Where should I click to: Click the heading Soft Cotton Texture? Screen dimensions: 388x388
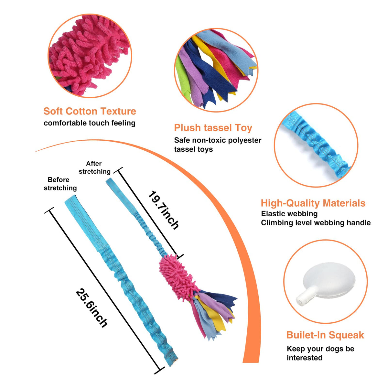(x=90, y=111)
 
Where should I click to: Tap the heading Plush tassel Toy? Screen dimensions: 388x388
(x=213, y=128)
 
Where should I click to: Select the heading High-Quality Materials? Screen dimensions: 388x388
(x=313, y=203)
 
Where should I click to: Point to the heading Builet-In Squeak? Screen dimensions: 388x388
(x=325, y=335)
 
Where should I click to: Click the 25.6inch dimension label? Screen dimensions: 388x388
(x=92, y=308)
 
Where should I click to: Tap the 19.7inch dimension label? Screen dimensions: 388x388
(x=164, y=210)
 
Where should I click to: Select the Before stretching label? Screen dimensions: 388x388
(x=60, y=184)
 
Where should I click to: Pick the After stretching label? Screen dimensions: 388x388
(x=94, y=167)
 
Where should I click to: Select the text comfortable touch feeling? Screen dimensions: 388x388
(x=90, y=123)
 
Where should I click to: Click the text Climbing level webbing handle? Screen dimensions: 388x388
(x=316, y=223)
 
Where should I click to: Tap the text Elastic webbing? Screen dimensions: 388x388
(x=289, y=214)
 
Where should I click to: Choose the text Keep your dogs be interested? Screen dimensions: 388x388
(x=320, y=353)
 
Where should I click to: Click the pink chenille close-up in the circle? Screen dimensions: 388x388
(x=90, y=56)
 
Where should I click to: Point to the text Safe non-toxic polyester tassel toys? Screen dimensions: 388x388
(x=218, y=145)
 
